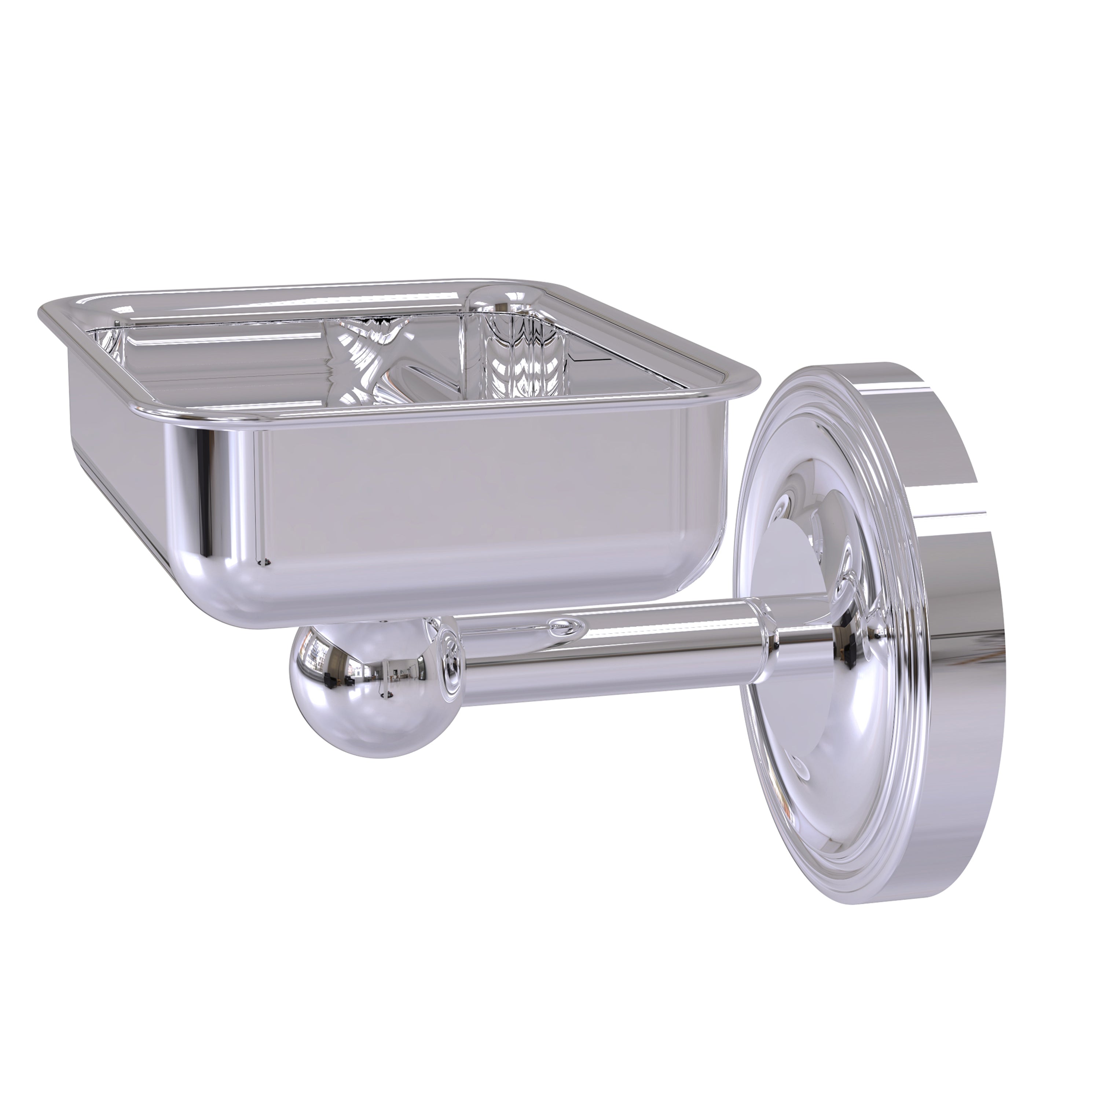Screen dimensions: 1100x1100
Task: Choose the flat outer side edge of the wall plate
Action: click(x=945, y=626)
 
